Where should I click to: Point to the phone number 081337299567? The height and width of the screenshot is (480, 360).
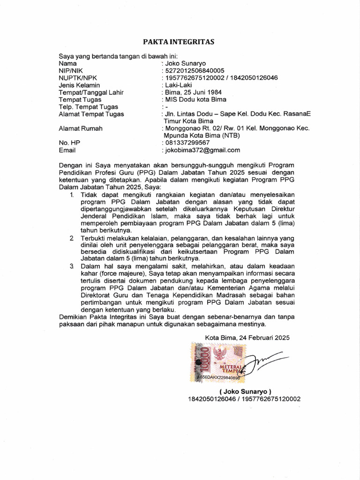(x=187, y=142)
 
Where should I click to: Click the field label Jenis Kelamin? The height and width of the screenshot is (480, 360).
(x=79, y=85)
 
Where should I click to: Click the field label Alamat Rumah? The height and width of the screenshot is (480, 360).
(x=80, y=128)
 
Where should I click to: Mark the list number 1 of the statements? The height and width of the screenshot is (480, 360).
(x=72, y=194)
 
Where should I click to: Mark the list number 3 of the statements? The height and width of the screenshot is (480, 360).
(x=72, y=266)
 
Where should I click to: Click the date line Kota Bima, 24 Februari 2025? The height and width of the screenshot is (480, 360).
(x=247, y=337)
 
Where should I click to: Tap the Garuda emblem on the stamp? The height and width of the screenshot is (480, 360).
(x=219, y=353)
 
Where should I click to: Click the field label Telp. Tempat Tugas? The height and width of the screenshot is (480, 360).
(x=88, y=106)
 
